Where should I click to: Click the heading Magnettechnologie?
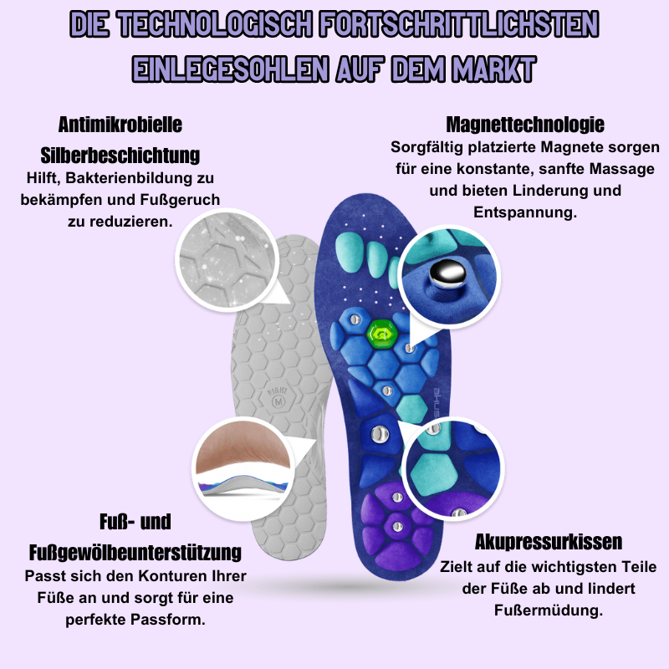click(x=525, y=125)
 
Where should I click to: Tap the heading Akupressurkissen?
click(x=549, y=542)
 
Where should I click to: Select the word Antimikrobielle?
click(x=120, y=125)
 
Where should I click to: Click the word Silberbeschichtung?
click(x=120, y=156)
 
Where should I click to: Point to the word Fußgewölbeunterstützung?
click(x=135, y=553)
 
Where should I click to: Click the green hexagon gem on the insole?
click(x=382, y=334)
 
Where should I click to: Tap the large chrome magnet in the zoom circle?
click(x=447, y=273)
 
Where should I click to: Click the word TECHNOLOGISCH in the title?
click(x=216, y=24)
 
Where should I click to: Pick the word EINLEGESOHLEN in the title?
click(x=231, y=69)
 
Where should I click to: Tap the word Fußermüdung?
click(x=549, y=610)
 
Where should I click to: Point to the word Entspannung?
click(x=525, y=212)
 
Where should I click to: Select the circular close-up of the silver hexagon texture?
click(x=227, y=260)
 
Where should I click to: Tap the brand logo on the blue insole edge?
click(x=437, y=402)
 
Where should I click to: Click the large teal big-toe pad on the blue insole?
click(x=350, y=253)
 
